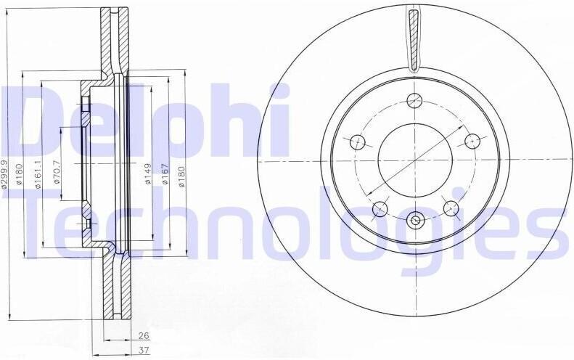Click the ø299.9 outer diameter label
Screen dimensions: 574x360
point(4,174)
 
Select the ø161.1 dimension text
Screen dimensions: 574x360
point(38,175)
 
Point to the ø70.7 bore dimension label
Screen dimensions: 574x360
point(57,171)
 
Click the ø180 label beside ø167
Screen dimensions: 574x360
point(182,176)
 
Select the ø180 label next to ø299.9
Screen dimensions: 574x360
point(20,173)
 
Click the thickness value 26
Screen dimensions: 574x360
point(144,335)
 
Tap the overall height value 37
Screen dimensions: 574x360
point(144,350)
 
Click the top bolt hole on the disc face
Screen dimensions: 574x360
point(415,100)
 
